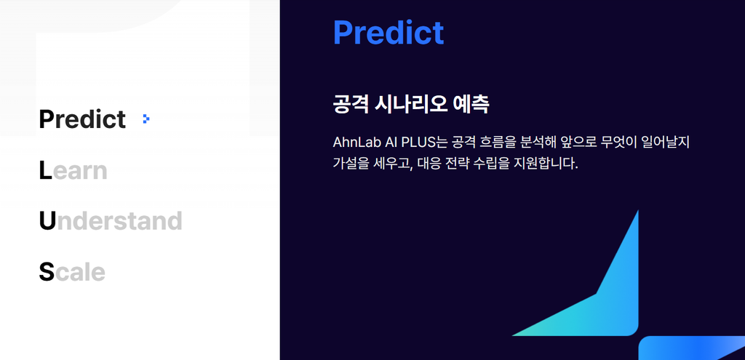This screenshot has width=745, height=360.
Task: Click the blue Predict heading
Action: [389, 32]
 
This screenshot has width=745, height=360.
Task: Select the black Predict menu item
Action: [82, 119]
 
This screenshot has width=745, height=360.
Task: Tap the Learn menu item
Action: [73, 170]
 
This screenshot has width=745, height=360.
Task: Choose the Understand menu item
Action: [111, 221]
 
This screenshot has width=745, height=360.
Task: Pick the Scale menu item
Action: [72, 272]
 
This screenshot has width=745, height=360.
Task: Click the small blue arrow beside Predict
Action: [146, 119]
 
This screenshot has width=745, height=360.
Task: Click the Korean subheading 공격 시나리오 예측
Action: [411, 105]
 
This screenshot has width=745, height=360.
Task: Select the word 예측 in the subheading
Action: [471, 105]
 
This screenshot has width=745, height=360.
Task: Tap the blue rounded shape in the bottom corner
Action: [691, 348]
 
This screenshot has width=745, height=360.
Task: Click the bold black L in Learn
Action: [45, 170]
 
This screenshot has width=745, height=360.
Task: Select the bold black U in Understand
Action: [47, 221]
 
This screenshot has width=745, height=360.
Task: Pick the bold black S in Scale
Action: [47, 272]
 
